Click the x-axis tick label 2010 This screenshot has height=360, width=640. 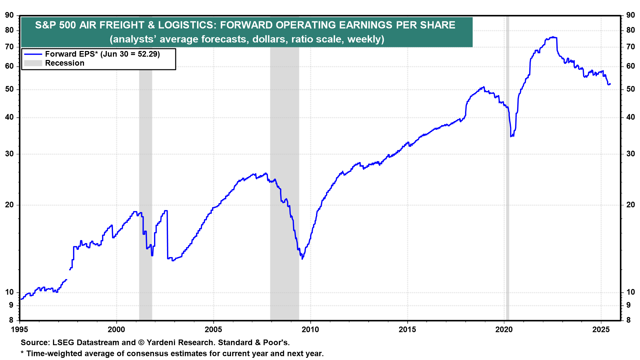click(x=310, y=330)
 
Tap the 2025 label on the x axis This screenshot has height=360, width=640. click(x=601, y=330)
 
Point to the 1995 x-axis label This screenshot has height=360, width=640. click(x=20, y=330)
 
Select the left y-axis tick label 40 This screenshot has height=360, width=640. click(x=9, y=117)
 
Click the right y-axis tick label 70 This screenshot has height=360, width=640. click(x=630, y=47)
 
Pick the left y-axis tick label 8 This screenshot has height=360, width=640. click(x=11, y=320)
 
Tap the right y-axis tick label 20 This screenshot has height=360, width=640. click(x=630, y=205)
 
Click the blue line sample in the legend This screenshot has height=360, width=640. click(x=33, y=54)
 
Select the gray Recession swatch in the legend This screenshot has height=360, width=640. click(x=33, y=63)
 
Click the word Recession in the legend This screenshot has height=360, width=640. click(x=65, y=63)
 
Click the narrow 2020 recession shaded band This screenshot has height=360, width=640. click(x=507, y=167)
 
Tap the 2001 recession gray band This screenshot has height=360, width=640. click(x=146, y=167)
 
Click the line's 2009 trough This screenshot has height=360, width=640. click(x=302, y=259)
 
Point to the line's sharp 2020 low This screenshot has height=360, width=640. click(x=511, y=136)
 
